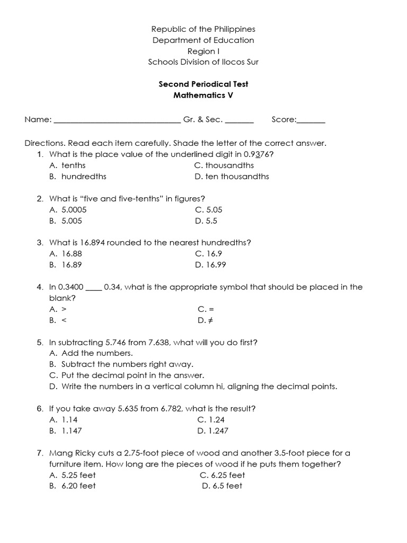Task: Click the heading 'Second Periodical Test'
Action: pyautogui.click(x=203, y=84)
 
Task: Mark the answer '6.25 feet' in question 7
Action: pyautogui.click(x=222, y=475)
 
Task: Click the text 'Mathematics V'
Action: pyautogui.click(x=203, y=95)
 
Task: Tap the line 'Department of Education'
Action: pyautogui.click(x=203, y=40)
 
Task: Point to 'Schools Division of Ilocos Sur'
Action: pyautogui.click(x=203, y=62)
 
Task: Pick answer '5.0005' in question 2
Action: pyautogui.click(x=74, y=209)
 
